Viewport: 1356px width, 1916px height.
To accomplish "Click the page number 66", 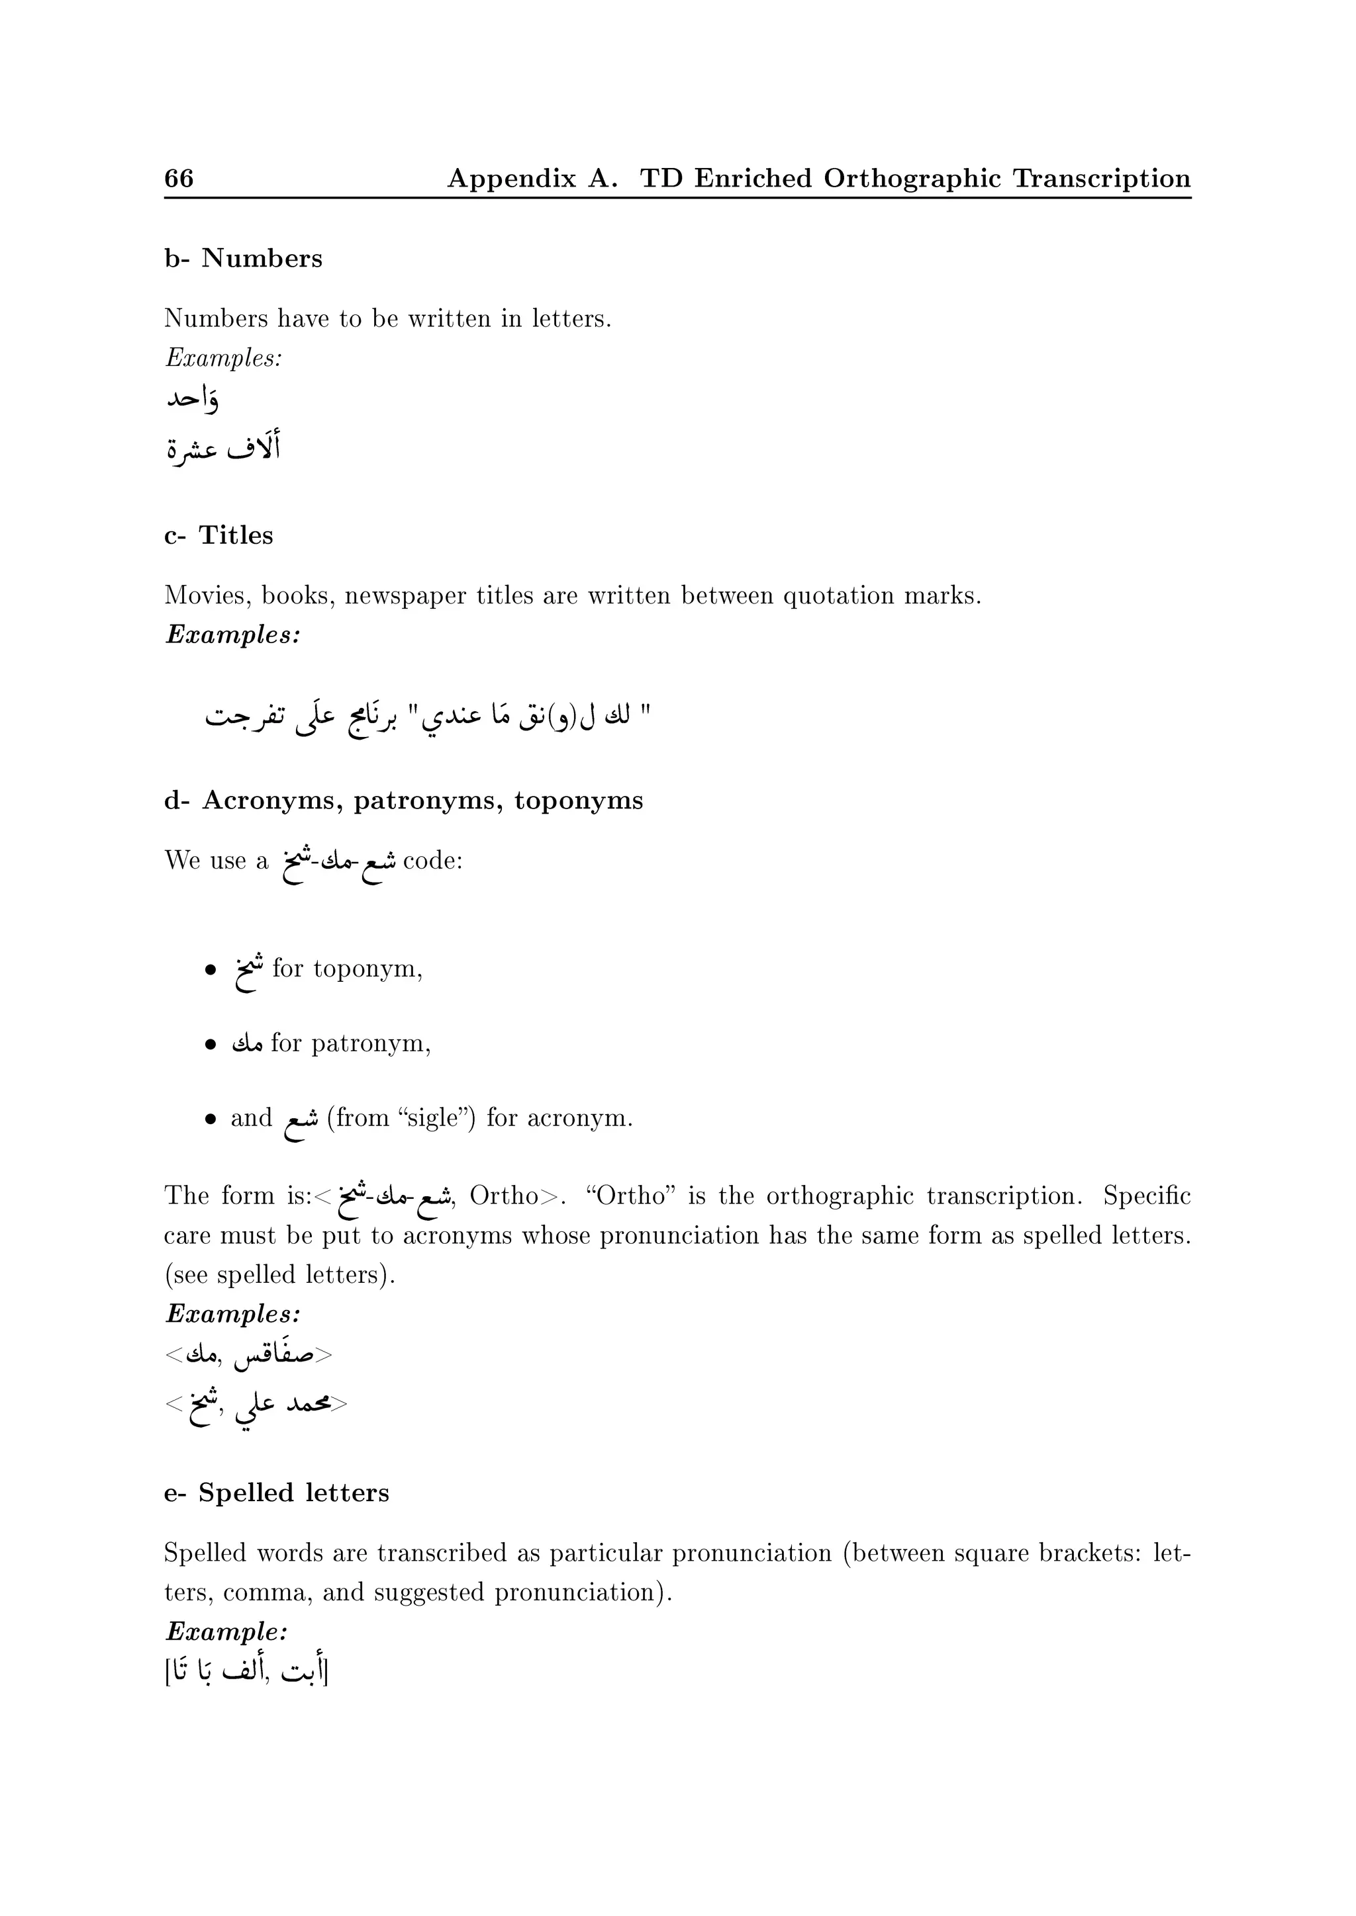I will pyautogui.click(x=179, y=178).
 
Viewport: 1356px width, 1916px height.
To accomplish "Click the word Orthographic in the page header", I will pyautogui.click(x=912, y=179).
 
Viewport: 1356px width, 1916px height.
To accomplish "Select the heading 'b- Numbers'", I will pyautogui.click(x=243, y=259).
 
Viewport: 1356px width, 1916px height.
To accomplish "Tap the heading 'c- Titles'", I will pyautogui.click(x=218, y=535).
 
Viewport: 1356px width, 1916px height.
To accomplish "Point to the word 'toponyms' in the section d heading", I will pyautogui.click(x=579, y=801).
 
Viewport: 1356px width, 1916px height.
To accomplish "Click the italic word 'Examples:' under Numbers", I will pyautogui.click(x=224, y=358).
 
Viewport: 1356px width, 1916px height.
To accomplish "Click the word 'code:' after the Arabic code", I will pyautogui.click(x=432, y=860).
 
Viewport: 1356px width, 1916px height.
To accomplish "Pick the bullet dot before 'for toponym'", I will pyautogui.click(x=211, y=970).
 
